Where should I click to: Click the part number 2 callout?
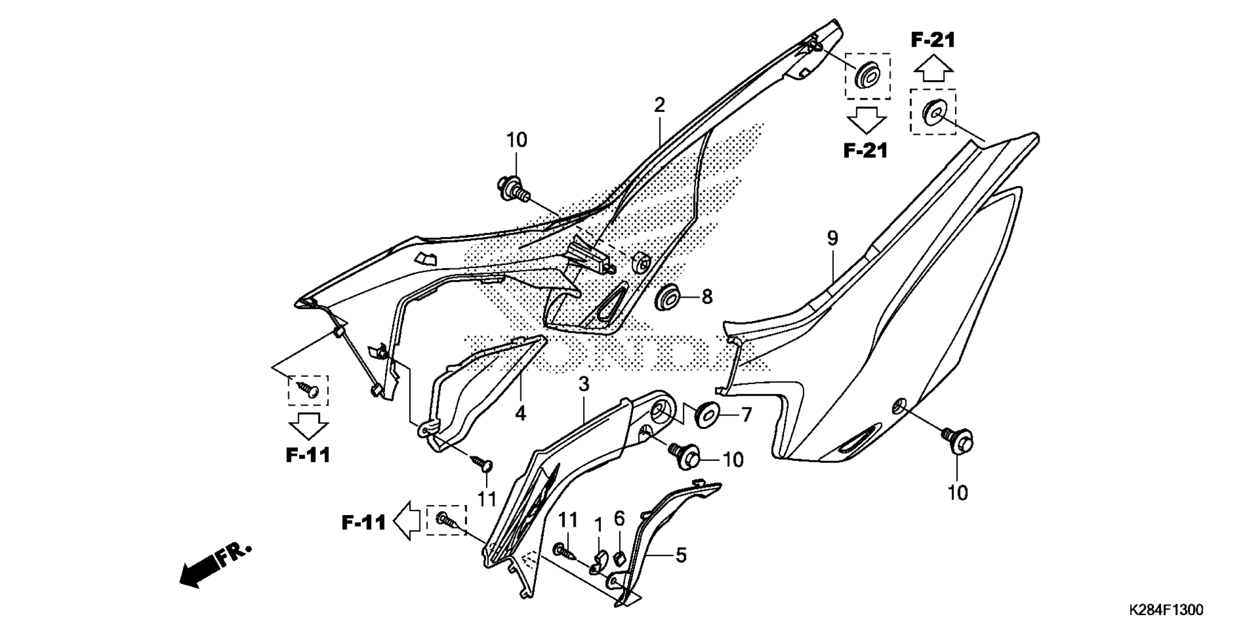660,105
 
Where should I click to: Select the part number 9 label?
833,238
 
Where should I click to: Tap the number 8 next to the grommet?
707,297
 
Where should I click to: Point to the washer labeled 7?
707,415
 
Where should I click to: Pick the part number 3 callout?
584,384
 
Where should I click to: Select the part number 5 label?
681,555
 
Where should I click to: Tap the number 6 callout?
619,519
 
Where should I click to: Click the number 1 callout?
598,524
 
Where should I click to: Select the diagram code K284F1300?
1166,610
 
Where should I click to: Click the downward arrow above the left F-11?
308,426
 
